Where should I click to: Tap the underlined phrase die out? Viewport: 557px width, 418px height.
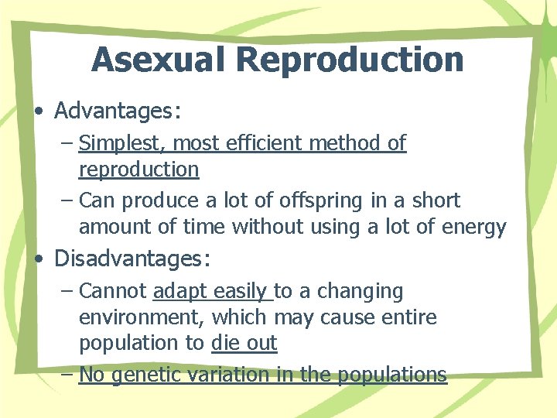coord(244,343)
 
